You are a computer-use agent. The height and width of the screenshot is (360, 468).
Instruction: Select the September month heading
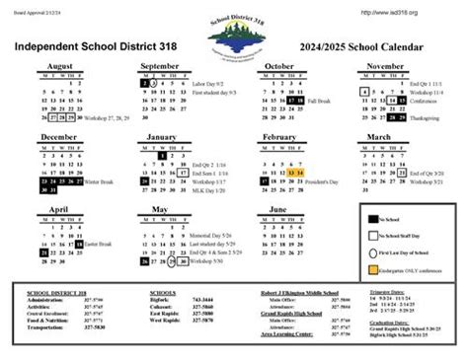[159, 66]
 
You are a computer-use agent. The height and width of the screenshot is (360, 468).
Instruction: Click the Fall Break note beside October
[319, 102]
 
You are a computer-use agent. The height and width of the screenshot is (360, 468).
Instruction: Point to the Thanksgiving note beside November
[427, 118]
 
